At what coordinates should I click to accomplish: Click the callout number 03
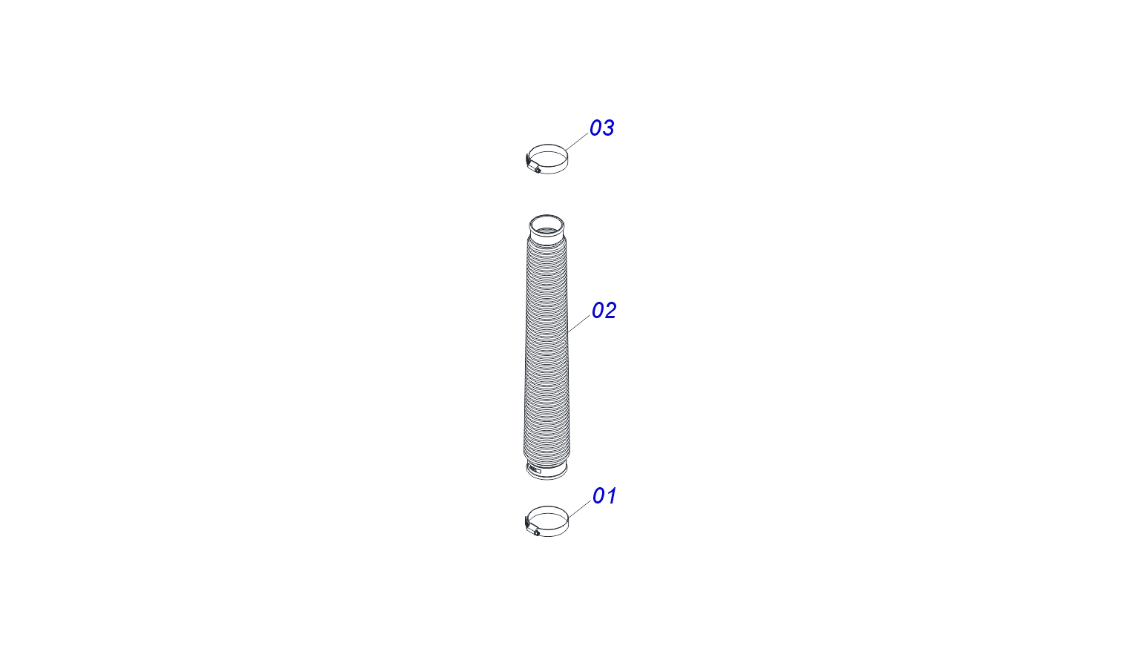click(x=602, y=128)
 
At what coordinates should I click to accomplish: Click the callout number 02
click(x=604, y=310)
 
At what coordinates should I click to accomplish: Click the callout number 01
click(x=604, y=496)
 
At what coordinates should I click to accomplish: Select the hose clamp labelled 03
click(x=547, y=159)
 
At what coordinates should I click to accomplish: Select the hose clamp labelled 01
click(x=547, y=521)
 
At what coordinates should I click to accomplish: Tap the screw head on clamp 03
click(x=538, y=171)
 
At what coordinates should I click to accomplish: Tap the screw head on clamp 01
click(x=537, y=533)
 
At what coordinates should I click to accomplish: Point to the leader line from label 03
click(x=577, y=142)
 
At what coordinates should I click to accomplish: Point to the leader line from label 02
click(x=579, y=324)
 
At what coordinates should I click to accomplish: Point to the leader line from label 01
click(x=580, y=509)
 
